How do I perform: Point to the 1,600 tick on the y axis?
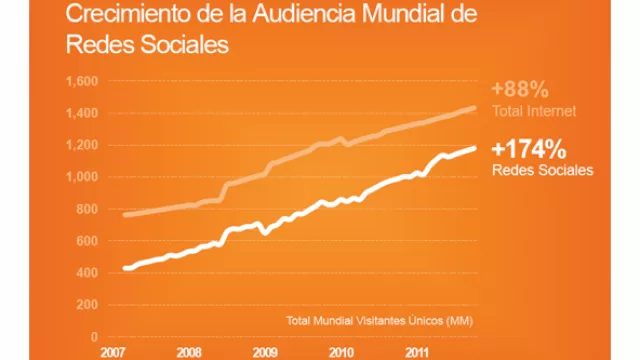coord(81,81)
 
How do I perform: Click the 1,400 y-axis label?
coord(81,113)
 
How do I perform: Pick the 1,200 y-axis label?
coord(81,145)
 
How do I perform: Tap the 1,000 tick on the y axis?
coord(81,177)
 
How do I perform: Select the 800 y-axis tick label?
coord(86,209)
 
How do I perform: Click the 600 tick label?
coord(86,241)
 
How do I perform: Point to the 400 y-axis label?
coord(86,273)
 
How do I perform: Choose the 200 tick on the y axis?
coord(86,305)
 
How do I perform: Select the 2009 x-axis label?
coord(264,352)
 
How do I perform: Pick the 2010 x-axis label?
coord(340,352)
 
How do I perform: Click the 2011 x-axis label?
coord(417,352)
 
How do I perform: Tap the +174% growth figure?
coord(530,150)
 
